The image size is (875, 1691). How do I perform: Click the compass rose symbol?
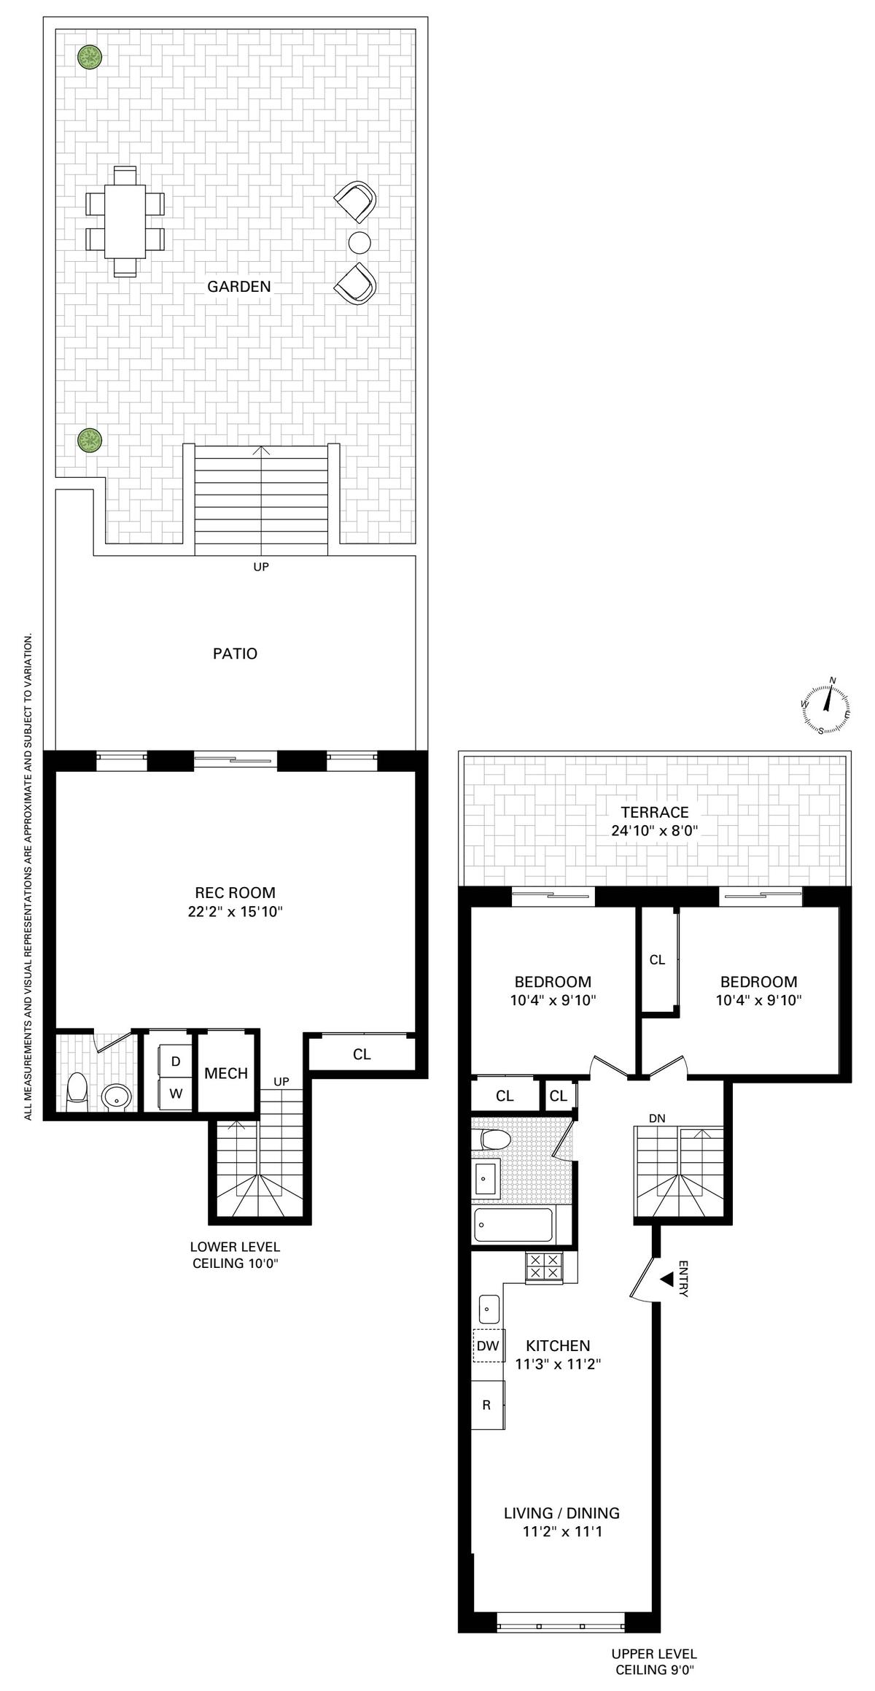[x=825, y=705]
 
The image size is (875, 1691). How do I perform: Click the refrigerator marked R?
[x=488, y=1404]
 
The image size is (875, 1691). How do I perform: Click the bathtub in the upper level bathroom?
[x=513, y=1226]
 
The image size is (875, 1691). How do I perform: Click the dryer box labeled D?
[x=176, y=1061]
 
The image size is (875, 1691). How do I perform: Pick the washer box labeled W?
[x=176, y=1094]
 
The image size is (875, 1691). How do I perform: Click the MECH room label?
[x=226, y=1073]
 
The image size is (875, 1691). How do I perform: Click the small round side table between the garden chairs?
[x=359, y=241]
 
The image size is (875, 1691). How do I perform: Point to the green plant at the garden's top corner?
[x=90, y=57]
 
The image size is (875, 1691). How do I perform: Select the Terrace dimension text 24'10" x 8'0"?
[x=655, y=830]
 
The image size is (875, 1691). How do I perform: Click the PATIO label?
[x=235, y=654]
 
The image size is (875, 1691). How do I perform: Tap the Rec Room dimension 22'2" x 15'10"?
[x=235, y=911]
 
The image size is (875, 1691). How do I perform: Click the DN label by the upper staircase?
[x=657, y=1118]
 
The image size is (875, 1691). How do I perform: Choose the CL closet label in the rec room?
[x=362, y=1054]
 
